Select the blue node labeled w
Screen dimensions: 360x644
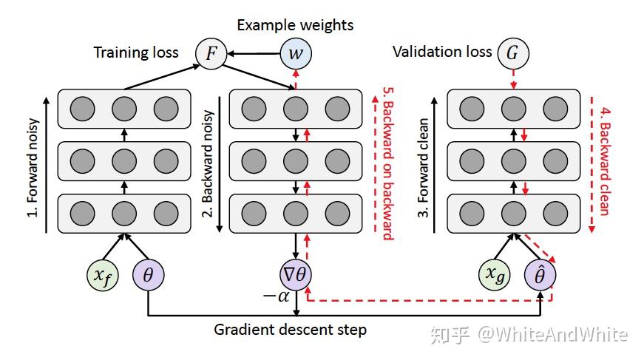pos(295,54)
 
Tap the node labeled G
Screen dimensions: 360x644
pos(512,53)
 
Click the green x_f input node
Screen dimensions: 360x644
pos(104,275)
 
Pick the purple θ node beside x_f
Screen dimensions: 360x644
pos(148,275)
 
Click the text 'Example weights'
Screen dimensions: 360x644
pos(295,25)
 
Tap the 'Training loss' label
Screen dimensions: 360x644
pos(136,53)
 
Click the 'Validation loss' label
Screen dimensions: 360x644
pos(442,52)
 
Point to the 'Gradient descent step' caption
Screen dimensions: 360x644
pos(290,329)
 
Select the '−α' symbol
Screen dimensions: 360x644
pos(274,296)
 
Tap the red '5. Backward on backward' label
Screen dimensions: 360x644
pos(387,163)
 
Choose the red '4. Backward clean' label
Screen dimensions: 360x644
pos(603,163)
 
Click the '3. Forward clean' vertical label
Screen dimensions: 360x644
pos(424,163)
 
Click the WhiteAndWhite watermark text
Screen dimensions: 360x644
pos(553,335)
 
